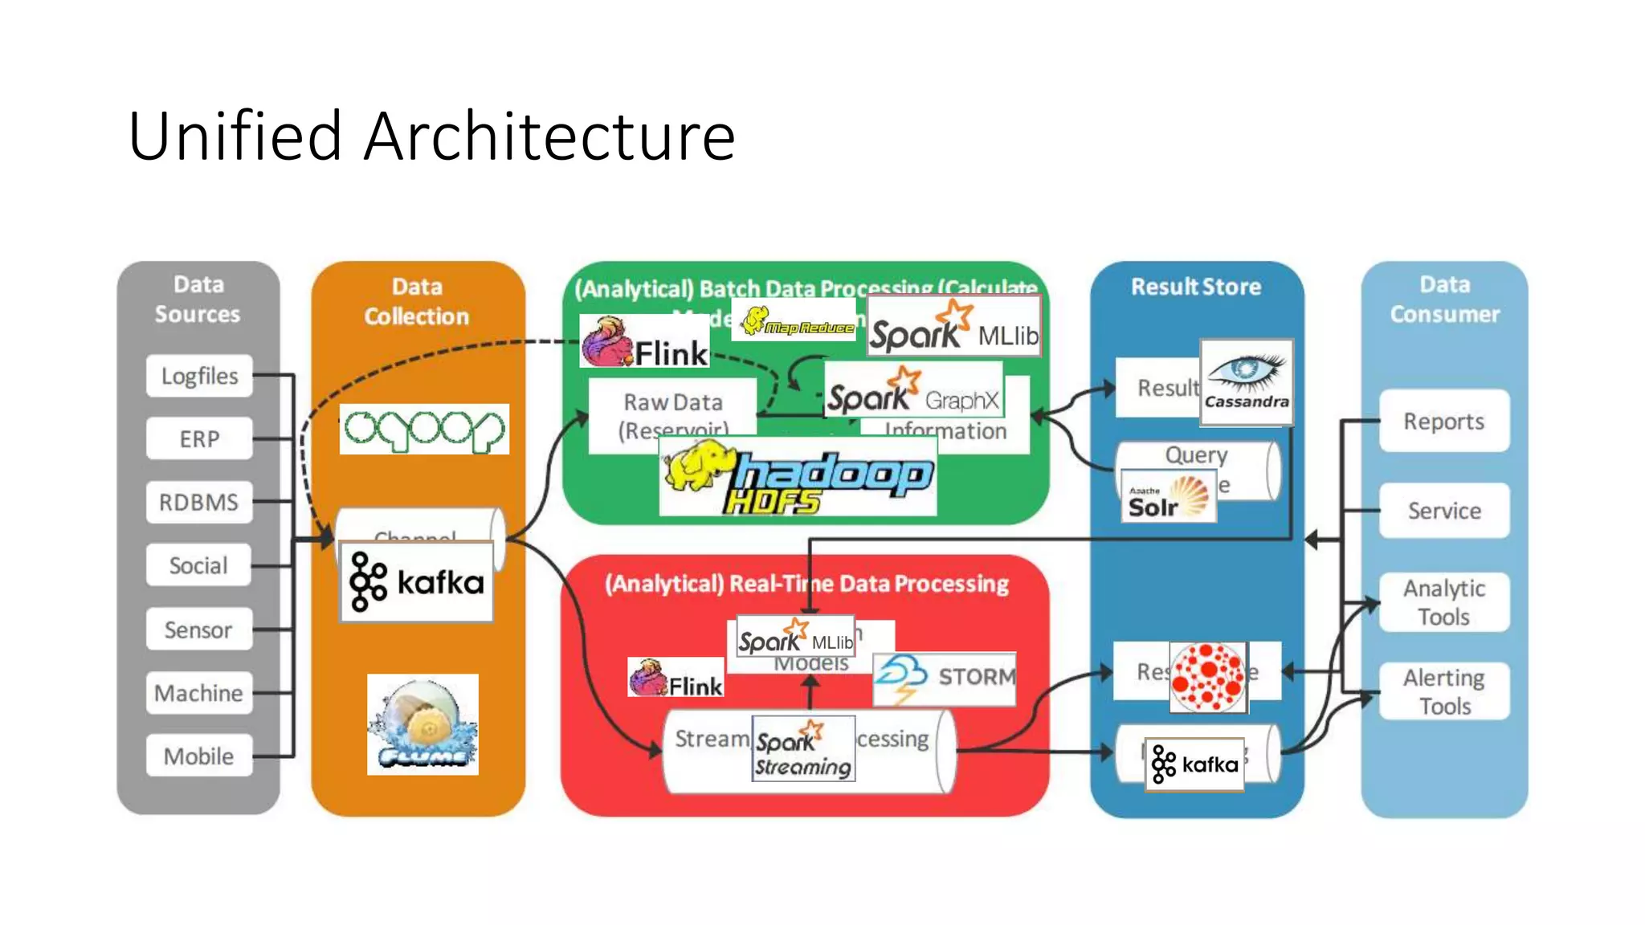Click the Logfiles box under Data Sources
tap(199, 376)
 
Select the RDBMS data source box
tap(199, 503)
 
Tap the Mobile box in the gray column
tap(199, 756)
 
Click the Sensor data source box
tap(199, 630)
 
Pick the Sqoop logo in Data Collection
tap(424, 430)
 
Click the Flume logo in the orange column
tap(422, 724)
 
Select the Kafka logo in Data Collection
tap(416, 581)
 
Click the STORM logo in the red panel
tap(945, 678)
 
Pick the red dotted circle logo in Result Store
tap(1208, 678)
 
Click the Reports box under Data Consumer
tap(1443, 422)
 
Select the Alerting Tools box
tap(1443, 691)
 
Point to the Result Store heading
tap(1196, 287)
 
